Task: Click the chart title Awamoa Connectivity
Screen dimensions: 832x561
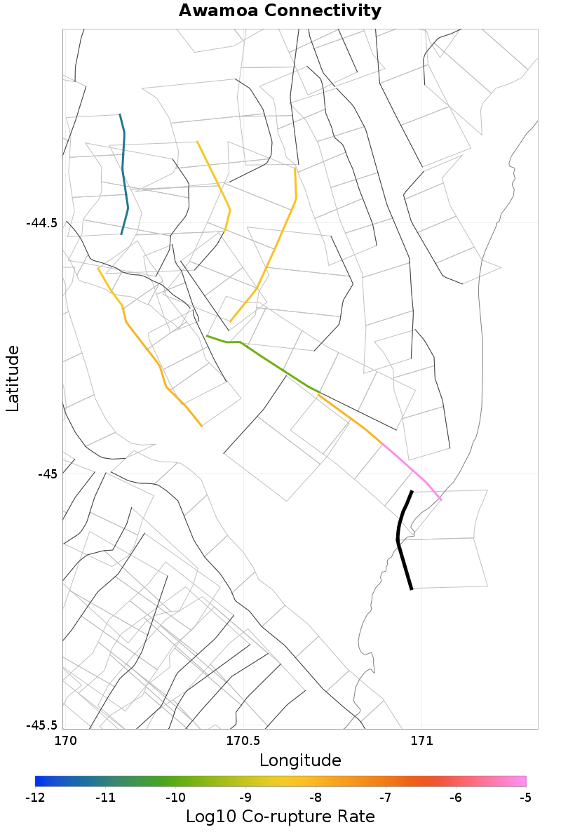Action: coord(280,11)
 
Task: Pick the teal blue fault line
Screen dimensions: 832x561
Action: coord(124,175)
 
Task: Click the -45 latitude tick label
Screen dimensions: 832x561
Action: coord(48,474)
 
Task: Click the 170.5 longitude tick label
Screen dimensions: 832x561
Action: coord(243,741)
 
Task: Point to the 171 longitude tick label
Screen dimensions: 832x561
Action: coord(421,741)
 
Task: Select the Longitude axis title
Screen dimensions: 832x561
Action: coord(300,760)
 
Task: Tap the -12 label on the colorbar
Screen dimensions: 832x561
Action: coord(35,798)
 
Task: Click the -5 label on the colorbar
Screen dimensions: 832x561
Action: coord(526,798)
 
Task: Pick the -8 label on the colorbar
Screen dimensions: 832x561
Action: coord(316,798)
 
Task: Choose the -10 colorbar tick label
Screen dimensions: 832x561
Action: coord(175,798)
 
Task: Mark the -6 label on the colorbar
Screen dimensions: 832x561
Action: coord(456,798)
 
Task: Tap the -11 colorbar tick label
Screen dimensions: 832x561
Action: coord(105,798)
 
